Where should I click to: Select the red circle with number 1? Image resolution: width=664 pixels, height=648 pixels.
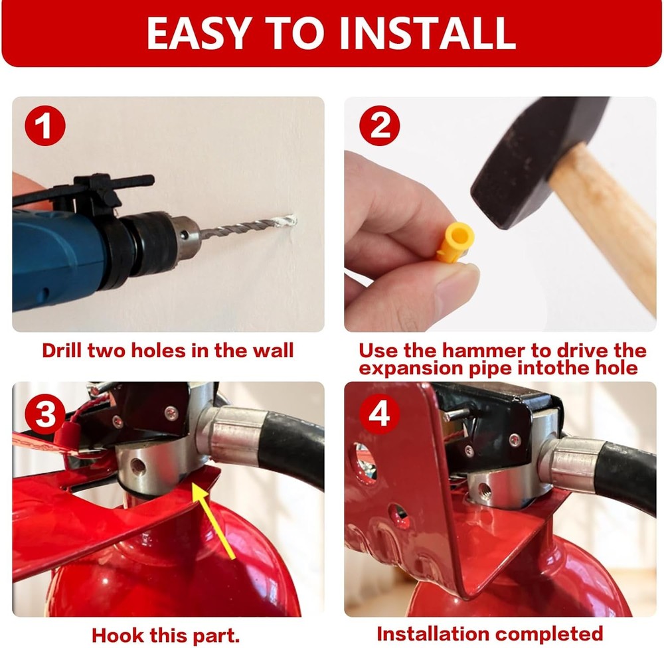[45, 127]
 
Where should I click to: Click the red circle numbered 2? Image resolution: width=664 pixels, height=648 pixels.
[380, 127]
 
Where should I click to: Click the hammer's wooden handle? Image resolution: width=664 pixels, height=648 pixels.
[608, 219]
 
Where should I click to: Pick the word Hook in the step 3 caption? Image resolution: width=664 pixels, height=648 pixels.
[118, 634]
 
